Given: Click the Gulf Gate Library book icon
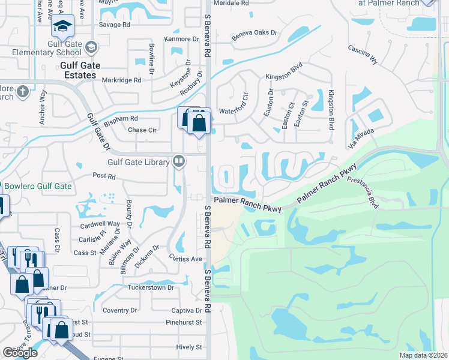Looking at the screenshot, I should coord(178,161).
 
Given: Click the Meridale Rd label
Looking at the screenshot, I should coord(232,3).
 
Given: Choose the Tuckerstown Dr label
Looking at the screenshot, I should coord(150,287).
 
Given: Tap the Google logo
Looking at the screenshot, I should coord(20,353).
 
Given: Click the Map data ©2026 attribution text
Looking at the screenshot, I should coord(423,355).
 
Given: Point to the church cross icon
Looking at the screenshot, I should coord(22,91).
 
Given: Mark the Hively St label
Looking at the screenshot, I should coord(189,347).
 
